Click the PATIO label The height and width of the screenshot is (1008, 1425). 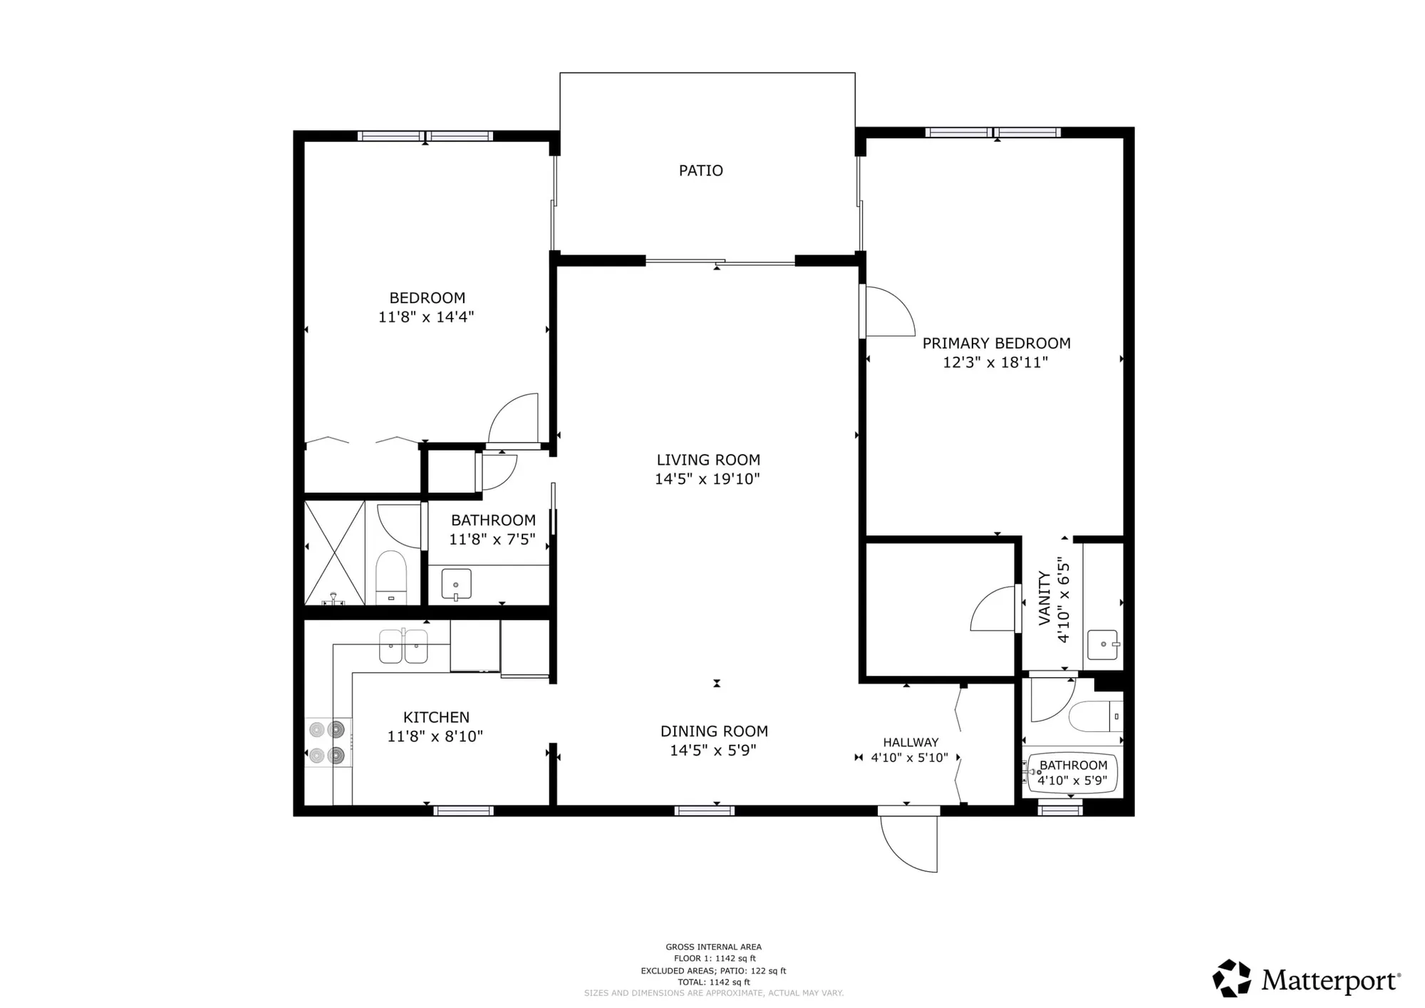click(700, 170)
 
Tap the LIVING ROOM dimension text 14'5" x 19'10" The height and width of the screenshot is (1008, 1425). click(707, 479)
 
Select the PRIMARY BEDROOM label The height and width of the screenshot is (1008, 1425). click(996, 343)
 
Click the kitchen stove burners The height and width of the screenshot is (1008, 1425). click(327, 742)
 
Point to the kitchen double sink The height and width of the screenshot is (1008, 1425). click(403, 647)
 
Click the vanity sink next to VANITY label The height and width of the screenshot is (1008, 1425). click(1102, 644)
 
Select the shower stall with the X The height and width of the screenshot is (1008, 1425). click(334, 553)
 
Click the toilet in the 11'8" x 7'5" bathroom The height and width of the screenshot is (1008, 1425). click(391, 576)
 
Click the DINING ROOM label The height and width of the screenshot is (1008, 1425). click(714, 731)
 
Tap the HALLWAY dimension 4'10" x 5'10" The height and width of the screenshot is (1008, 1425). click(909, 758)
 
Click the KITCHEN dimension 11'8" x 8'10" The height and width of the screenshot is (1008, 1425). click(435, 736)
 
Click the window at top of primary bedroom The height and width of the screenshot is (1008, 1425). click(993, 133)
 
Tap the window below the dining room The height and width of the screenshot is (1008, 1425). click(704, 811)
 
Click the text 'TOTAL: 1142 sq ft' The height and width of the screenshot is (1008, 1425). click(713, 982)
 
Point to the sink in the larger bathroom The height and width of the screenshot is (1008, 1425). click(456, 584)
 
